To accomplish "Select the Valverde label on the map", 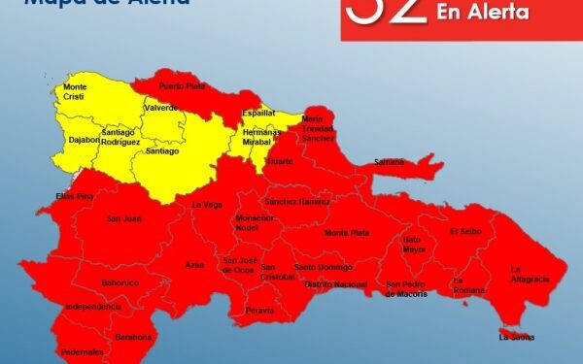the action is (160, 108).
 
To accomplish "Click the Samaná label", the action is (389, 161).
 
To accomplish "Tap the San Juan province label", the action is (124, 218).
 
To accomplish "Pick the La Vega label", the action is (207, 205).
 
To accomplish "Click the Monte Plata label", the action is (346, 233).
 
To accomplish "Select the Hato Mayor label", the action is (415, 244).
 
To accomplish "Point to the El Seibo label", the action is (465, 231).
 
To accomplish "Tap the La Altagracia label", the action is (530, 274).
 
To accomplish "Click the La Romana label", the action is (467, 285).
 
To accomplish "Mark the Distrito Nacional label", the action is (335, 284).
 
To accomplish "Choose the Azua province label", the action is (195, 264).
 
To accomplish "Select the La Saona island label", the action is (516, 338).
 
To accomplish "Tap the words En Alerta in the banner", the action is (483, 13).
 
